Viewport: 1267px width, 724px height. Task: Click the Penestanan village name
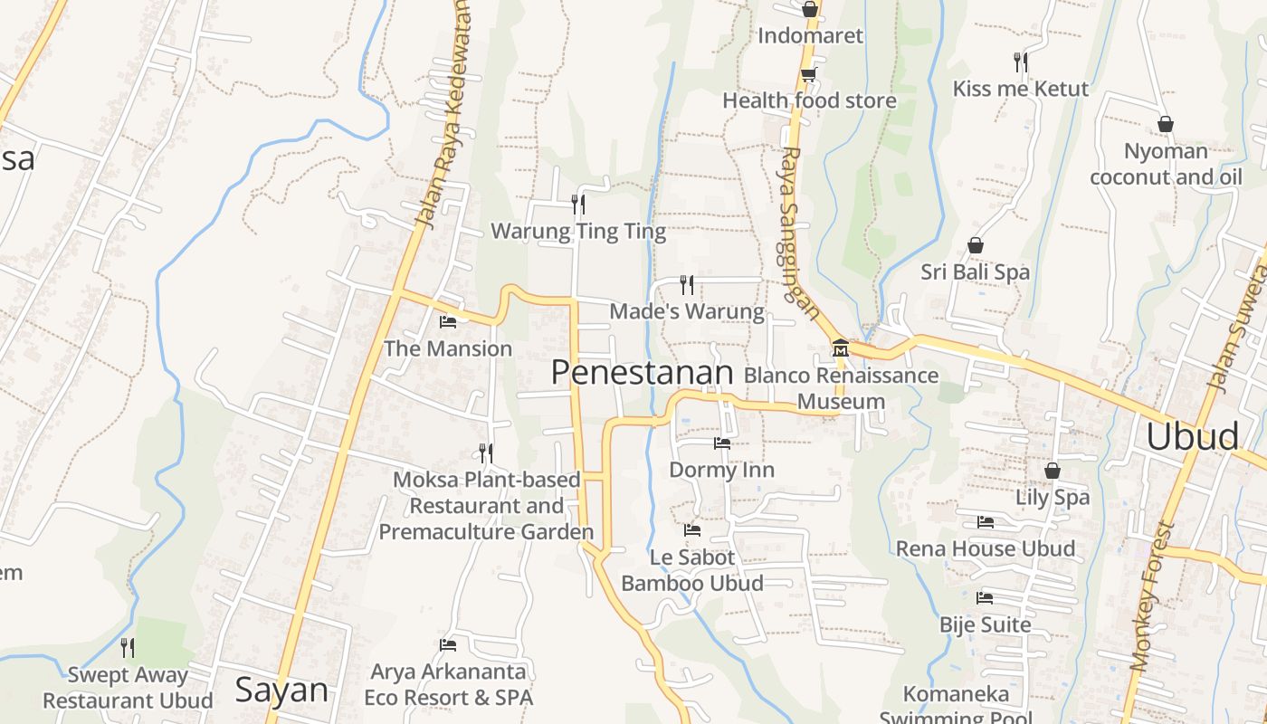642,372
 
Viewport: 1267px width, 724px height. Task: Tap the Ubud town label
1192,436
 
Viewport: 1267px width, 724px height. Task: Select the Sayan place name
281,690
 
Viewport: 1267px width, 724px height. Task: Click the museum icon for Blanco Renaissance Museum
840,348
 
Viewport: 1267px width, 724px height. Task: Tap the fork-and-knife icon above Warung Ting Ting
578,204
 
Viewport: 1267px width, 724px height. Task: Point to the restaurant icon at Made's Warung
687,285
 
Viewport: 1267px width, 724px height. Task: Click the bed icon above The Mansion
447,321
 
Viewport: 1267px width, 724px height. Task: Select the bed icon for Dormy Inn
721,443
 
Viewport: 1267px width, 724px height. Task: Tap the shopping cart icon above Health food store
808,74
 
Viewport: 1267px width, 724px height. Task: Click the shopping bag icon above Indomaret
809,10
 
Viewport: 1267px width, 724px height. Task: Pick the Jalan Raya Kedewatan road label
444,113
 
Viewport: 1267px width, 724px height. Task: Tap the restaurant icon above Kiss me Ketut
1020,62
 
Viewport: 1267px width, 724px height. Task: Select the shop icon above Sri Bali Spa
976,245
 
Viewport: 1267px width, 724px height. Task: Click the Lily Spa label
1053,497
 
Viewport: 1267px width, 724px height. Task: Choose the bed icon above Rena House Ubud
986,522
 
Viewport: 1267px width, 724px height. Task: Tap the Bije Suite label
985,624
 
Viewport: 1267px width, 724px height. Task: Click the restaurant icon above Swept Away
128,648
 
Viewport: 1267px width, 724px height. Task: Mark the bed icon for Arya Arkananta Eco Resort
447,645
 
